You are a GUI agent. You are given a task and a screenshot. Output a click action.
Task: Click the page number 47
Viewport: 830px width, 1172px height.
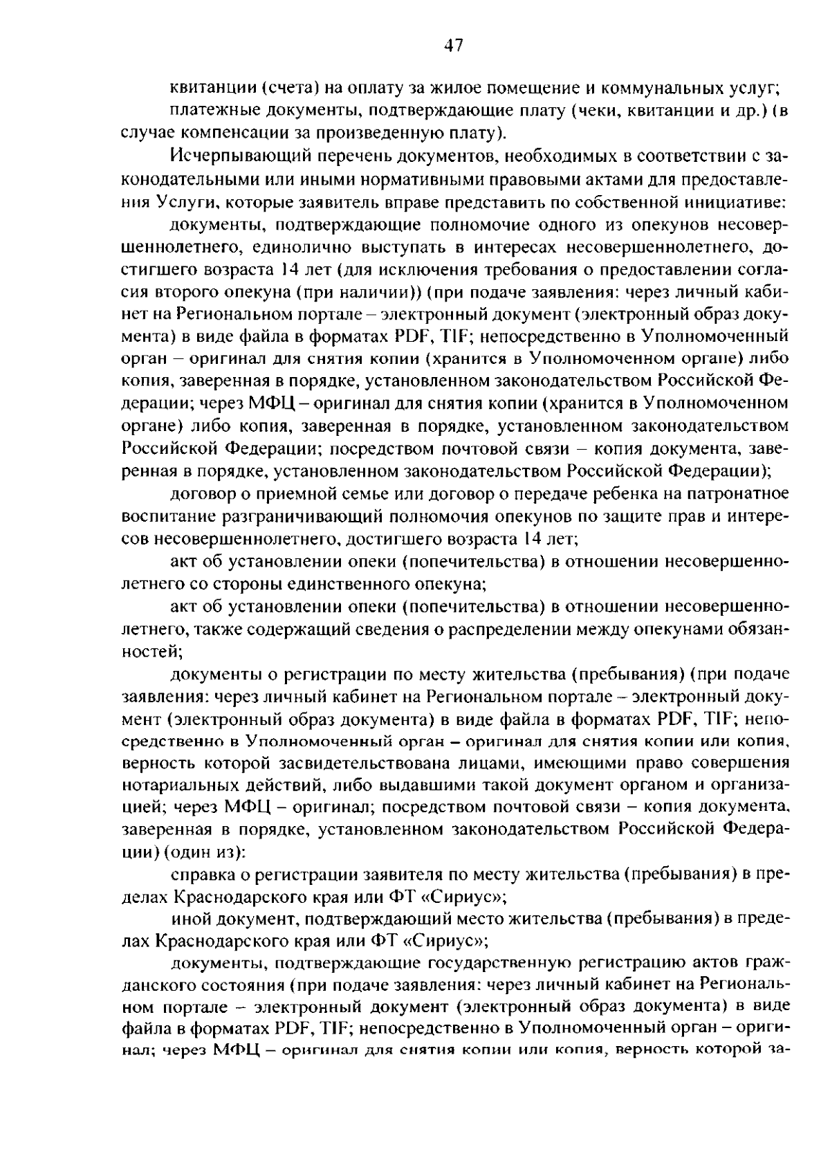pyautogui.click(x=452, y=46)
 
